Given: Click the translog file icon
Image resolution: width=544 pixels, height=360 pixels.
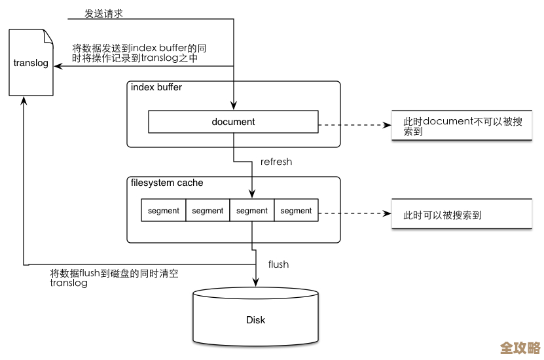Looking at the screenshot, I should point(31,63).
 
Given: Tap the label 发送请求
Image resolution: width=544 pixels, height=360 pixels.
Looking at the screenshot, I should point(103,14).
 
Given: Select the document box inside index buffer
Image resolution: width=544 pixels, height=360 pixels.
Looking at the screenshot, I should point(233,122).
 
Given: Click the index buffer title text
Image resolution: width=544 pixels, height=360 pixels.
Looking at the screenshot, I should point(156,87).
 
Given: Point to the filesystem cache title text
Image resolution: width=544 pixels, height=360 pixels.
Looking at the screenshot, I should point(167,183).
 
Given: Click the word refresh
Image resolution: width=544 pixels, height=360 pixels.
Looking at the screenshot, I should point(276,162).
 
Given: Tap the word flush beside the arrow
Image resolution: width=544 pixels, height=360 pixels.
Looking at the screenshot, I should point(278,264).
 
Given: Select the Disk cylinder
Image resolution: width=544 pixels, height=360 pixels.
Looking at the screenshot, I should point(255,319).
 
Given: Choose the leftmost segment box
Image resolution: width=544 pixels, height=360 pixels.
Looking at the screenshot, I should point(164,211).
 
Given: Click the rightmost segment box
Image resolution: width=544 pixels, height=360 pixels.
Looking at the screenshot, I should point(296,211).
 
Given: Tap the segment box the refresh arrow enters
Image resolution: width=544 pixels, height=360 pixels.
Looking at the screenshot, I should point(252,211).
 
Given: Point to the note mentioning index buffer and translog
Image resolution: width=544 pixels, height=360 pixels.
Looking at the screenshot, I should point(140,53).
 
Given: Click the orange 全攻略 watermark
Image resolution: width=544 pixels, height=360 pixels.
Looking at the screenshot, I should point(520,348).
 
